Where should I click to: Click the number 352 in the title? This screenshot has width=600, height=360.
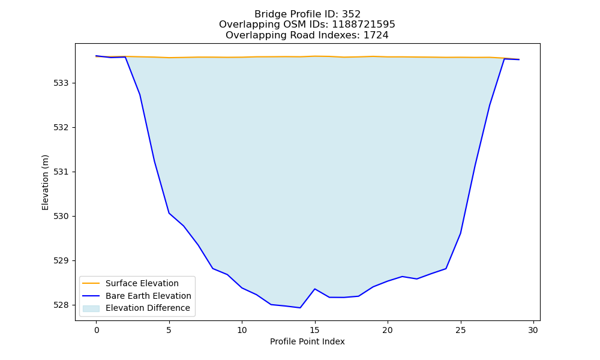click(x=351, y=14)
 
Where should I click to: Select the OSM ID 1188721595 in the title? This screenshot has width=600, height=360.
click(x=363, y=25)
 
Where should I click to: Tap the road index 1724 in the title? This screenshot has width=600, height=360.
click(x=376, y=35)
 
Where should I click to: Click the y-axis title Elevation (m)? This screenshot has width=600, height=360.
click(x=45, y=182)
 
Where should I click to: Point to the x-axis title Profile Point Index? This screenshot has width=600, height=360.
click(x=307, y=341)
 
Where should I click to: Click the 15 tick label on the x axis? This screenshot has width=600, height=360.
click(x=314, y=330)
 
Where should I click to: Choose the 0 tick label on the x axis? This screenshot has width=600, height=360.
click(x=97, y=330)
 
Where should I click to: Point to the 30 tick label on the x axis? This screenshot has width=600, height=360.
click(x=533, y=330)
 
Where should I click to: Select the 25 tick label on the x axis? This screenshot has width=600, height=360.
click(x=460, y=330)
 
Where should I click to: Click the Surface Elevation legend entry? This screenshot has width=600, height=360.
click(x=142, y=283)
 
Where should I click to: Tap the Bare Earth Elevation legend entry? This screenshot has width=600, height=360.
click(x=148, y=296)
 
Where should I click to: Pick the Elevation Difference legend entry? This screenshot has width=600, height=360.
click(x=148, y=308)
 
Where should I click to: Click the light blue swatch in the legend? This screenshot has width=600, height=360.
click(x=91, y=308)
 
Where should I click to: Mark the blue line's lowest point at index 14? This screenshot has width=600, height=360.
click(x=300, y=308)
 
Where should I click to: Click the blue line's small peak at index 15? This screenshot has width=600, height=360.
click(x=314, y=289)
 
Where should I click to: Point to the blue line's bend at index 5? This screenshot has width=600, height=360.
click(x=169, y=213)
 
